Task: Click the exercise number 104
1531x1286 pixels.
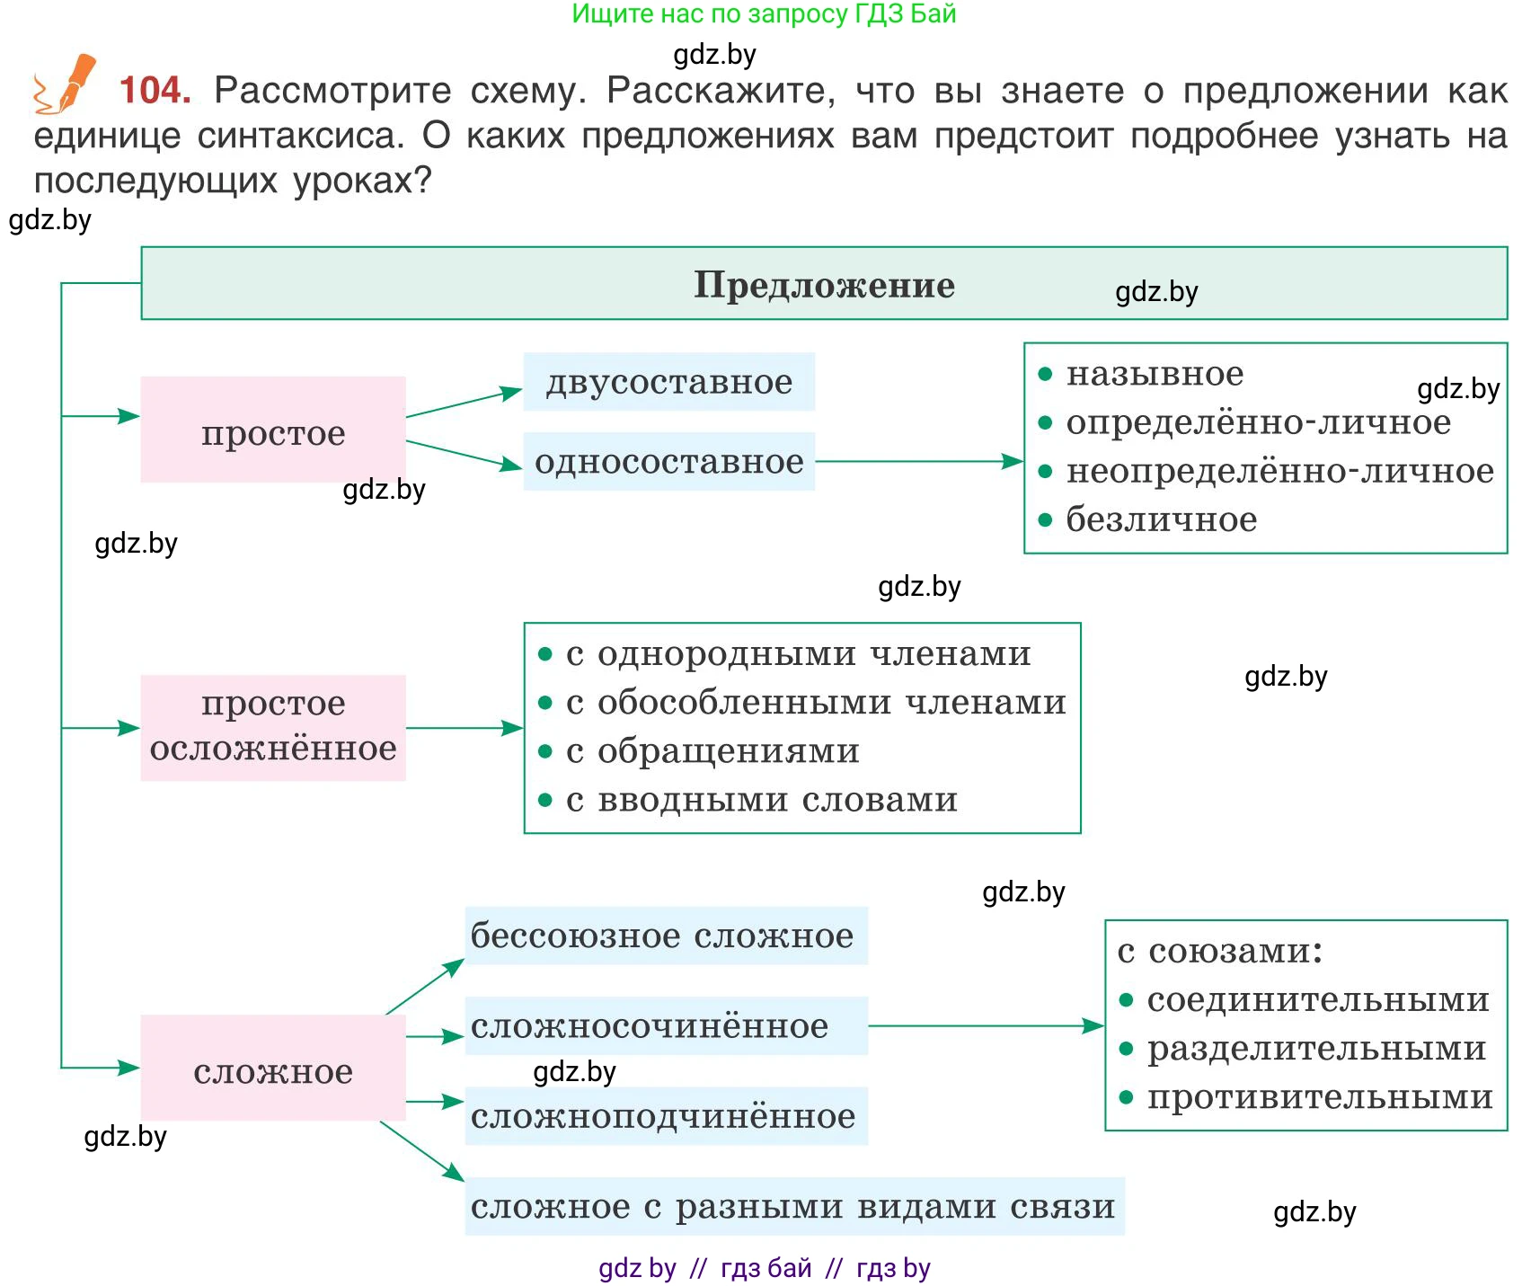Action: point(155,90)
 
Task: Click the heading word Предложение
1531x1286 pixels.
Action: point(824,285)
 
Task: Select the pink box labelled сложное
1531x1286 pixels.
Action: point(273,1069)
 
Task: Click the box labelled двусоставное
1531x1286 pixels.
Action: point(669,382)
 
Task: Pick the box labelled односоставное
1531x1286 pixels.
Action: point(669,462)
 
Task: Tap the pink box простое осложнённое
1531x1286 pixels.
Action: point(273,726)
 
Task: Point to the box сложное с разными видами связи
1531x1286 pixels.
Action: point(794,1206)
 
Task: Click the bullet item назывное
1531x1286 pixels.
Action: point(1155,374)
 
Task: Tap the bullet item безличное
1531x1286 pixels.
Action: point(1161,519)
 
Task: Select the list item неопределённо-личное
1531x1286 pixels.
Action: point(1279,471)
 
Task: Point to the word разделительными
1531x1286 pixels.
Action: point(1316,1049)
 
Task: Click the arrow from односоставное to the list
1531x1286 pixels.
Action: point(918,462)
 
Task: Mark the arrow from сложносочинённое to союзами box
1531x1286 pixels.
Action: point(985,1025)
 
